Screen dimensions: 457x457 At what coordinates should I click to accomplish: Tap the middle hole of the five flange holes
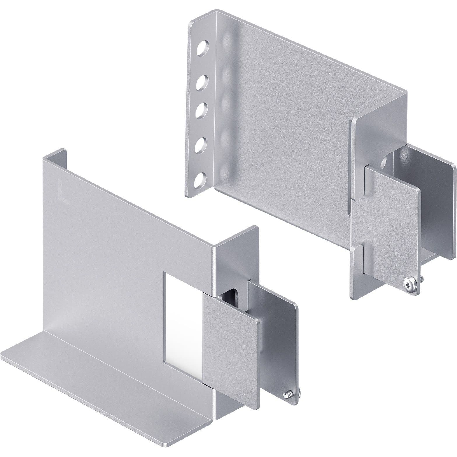[201, 110]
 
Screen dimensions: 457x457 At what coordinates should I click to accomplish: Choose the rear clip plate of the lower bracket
[280, 335]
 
